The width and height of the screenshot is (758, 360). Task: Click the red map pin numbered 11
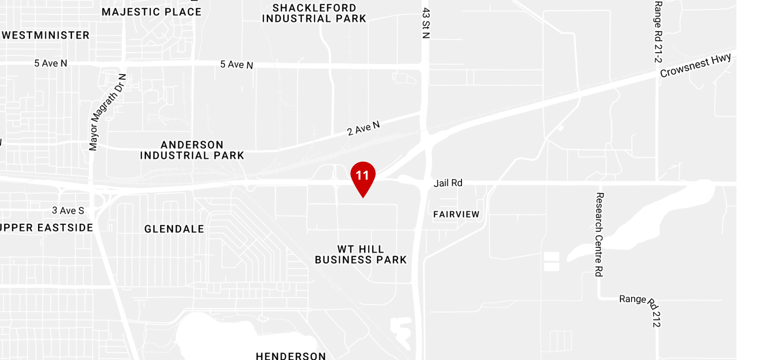coord(363,176)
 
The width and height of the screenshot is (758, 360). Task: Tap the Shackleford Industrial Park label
coord(314,13)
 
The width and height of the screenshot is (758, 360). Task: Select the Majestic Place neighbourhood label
coord(151,12)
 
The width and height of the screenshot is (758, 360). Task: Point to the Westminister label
coord(46,35)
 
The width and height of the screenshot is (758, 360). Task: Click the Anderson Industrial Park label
coord(192,150)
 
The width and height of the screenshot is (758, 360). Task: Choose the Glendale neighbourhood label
coord(174,229)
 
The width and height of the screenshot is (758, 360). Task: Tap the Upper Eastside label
coord(46,228)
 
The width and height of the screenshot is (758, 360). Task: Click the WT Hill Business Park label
coord(361,255)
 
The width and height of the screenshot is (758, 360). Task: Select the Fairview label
coord(456,214)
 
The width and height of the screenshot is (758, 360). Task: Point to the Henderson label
coord(291,356)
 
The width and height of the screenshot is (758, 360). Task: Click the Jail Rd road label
coord(448,183)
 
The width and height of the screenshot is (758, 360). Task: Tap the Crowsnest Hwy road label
coord(695,66)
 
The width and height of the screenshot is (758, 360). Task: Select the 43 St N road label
coord(426,23)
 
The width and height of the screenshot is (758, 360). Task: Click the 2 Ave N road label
coord(363,128)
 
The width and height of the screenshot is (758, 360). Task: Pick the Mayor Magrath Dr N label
coord(107,112)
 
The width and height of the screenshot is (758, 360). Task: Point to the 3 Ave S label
coord(68,211)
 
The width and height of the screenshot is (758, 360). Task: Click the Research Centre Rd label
coord(599,234)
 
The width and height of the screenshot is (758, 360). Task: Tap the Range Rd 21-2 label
coord(658,32)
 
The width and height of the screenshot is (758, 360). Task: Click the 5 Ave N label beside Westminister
coord(51,63)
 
